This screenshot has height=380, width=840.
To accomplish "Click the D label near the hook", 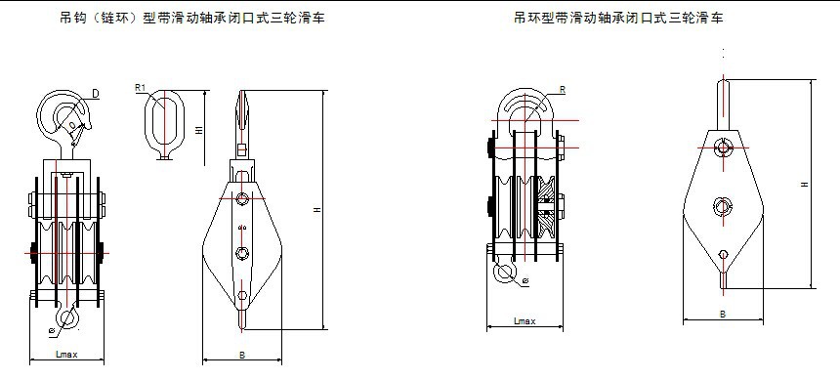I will pos(96,94).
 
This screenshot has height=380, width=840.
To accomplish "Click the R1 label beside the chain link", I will pos(140,89).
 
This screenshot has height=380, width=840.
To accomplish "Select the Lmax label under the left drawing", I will pos(65,354).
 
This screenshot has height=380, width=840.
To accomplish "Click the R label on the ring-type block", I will pos(563,90).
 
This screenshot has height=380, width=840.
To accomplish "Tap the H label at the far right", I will pos(803,182).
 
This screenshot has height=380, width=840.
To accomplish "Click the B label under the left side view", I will pos(242,354).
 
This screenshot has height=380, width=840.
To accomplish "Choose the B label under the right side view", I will pos(722,315).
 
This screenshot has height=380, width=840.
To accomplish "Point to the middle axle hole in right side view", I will pos(723,205).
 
